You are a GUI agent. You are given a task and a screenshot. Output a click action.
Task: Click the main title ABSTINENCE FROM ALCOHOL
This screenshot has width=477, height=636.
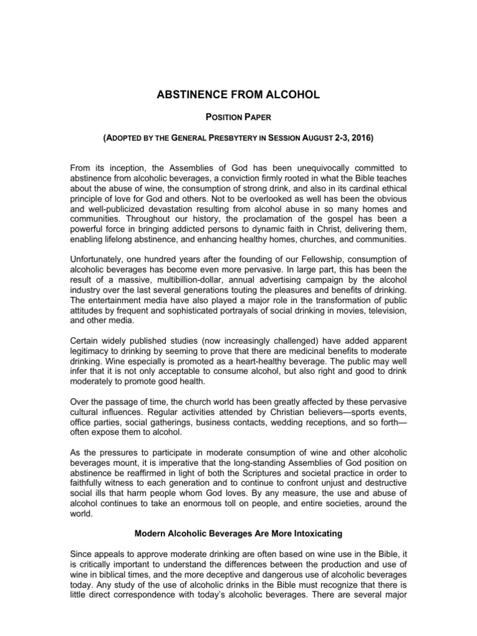[238, 94]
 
